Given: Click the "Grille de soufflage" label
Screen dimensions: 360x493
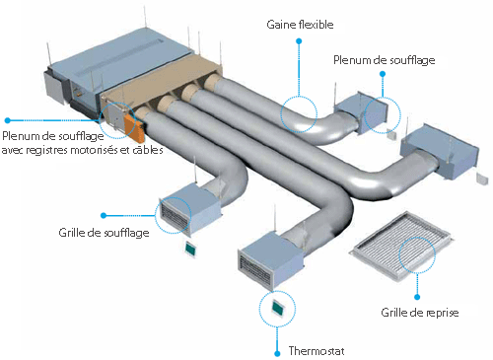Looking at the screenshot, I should pyautogui.click(x=105, y=232).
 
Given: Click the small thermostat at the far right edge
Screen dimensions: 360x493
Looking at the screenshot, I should pyautogui.click(x=482, y=180).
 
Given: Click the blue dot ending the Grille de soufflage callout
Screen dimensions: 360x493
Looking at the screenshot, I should pyautogui.click(x=104, y=212).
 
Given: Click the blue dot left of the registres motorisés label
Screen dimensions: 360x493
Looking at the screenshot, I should pyautogui.click(x=7, y=121).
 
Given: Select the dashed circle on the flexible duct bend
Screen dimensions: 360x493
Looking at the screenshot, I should pyautogui.click(x=299, y=114).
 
